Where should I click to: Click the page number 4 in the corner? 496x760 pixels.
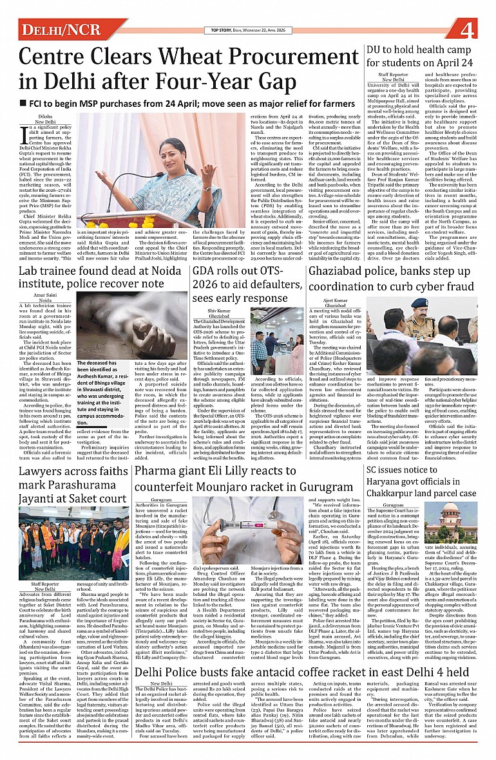[468, 30]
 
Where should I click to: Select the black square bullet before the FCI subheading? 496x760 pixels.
[24, 103]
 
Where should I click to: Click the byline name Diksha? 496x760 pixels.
[45, 116]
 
